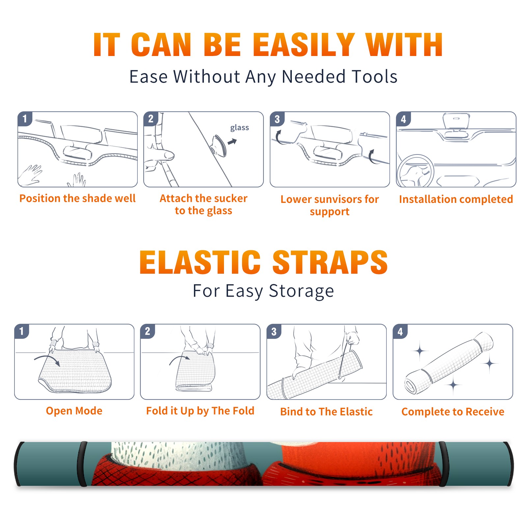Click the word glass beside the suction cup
[x=239, y=128]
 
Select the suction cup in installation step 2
[x=220, y=145]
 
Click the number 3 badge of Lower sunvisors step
[x=277, y=119]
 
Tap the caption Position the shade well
[x=77, y=198]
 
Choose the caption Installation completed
[x=456, y=199]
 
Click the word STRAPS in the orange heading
[x=330, y=262]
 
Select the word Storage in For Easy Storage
[x=301, y=291]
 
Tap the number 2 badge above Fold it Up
[x=148, y=331]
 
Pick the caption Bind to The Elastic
[x=326, y=411]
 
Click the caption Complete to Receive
[x=453, y=411]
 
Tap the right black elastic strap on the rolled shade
[x=443, y=464]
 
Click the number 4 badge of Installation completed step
[x=403, y=119]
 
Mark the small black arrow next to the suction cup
[x=232, y=142]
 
